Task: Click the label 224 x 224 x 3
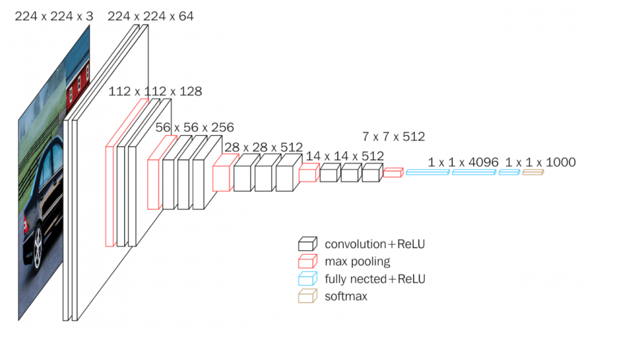click(54, 16)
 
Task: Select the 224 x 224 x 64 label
click(151, 16)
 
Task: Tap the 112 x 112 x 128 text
click(155, 92)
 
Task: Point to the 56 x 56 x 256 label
click(195, 127)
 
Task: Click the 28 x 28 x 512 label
click(263, 147)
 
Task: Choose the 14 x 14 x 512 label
click(344, 156)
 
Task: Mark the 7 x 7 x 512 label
click(393, 136)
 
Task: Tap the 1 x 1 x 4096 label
click(463, 162)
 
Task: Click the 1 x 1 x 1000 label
click(540, 162)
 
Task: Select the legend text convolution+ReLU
click(375, 244)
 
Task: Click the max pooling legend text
click(357, 261)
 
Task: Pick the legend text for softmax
click(346, 297)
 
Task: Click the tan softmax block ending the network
click(533, 172)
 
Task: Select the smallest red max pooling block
click(392, 172)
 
